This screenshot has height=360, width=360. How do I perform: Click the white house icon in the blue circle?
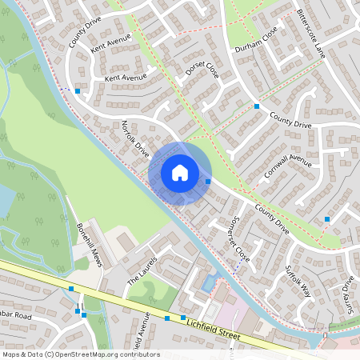[x=180, y=172]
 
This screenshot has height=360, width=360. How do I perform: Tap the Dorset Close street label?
[x=201, y=78]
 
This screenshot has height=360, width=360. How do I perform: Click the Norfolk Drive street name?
[x=135, y=138]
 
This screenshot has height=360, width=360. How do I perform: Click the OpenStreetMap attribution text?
[x=80, y=354]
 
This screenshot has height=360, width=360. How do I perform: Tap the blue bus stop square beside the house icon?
[x=208, y=182]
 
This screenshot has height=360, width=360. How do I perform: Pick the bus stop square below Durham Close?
[x=257, y=106]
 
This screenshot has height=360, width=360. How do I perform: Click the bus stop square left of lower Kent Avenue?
[x=77, y=91]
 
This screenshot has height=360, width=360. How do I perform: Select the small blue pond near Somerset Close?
[x=210, y=282]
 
